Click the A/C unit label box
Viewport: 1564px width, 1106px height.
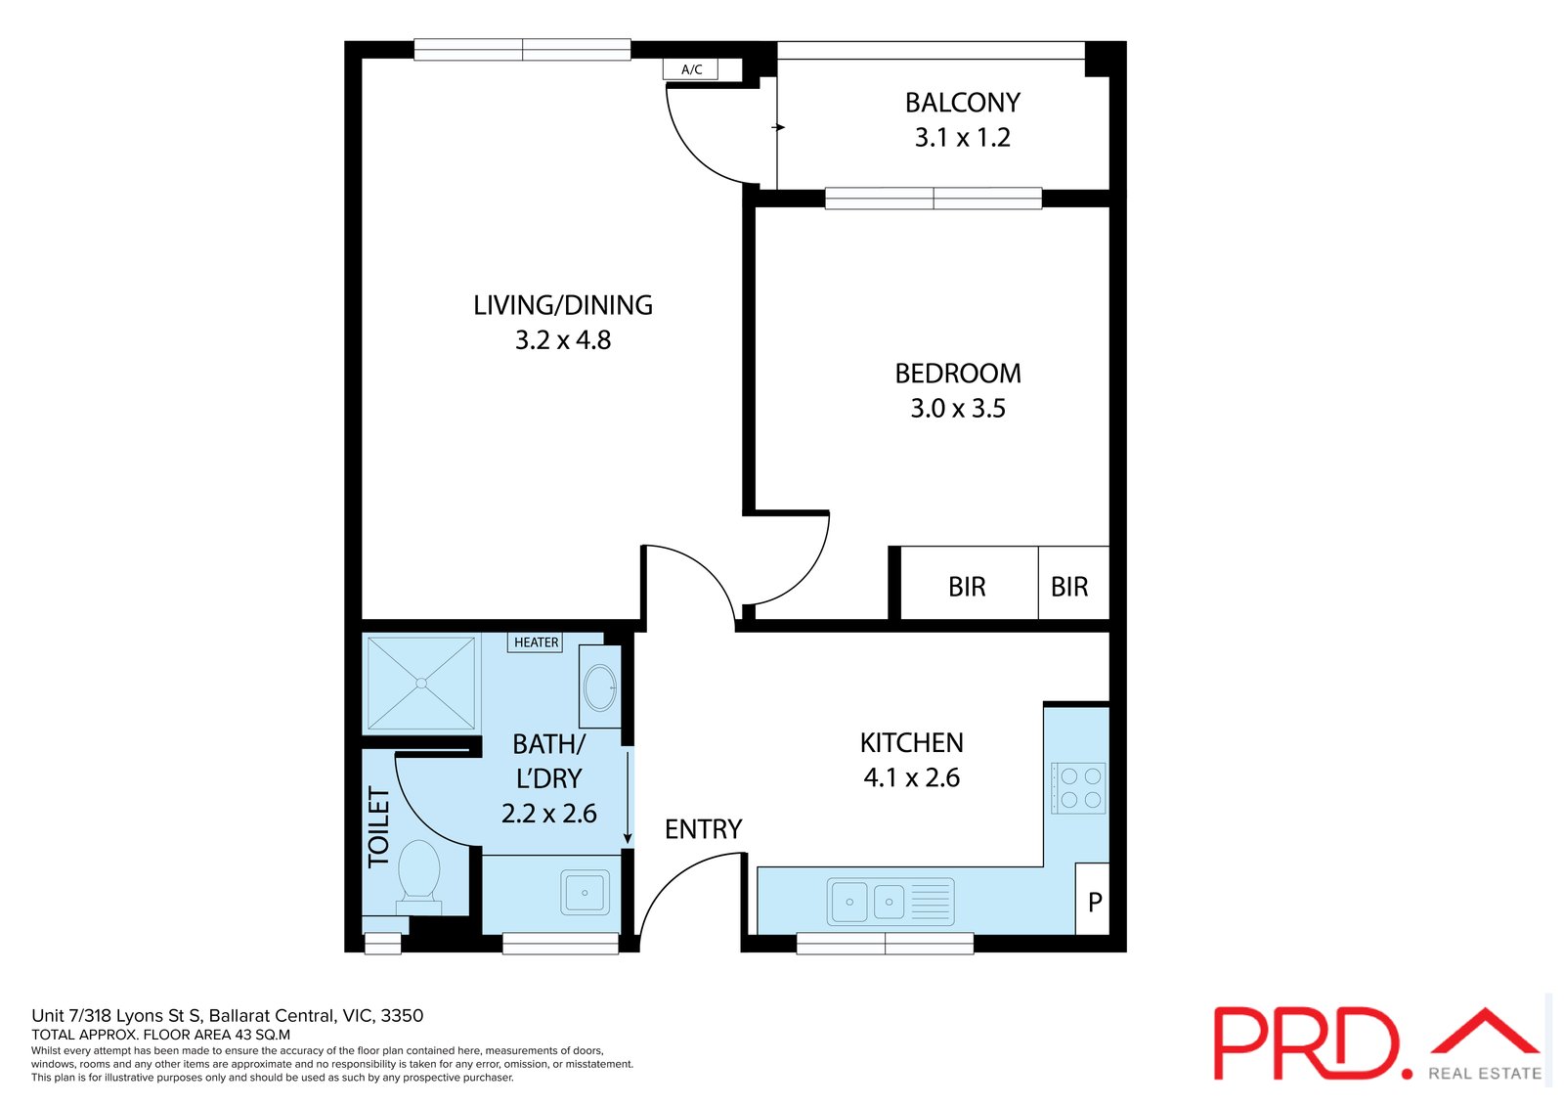(690, 69)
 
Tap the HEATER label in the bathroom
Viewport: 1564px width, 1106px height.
(536, 642)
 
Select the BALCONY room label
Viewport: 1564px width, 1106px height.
(962, 103)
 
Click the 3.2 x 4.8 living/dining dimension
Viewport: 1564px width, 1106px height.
(563, 340)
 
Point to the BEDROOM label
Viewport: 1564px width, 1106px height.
(958, 374)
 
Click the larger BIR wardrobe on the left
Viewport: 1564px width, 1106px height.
(967, 586)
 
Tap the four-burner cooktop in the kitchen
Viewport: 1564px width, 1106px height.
(1079, 788)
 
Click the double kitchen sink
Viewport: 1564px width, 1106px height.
(869, 901)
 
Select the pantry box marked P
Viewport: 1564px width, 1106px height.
(1094, 901)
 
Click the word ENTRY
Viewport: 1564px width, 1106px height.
(703, 829)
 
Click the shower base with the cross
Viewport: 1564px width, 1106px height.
(421, 683)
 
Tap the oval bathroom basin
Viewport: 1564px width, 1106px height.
(599, 687)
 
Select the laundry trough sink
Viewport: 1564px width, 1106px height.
(584, 892)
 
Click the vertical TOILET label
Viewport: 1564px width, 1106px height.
(378, 827)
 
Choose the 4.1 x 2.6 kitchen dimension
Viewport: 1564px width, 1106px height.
(911, 778)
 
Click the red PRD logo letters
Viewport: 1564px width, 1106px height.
(1308, 1042)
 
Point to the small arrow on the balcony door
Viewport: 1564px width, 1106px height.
(779, 127)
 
